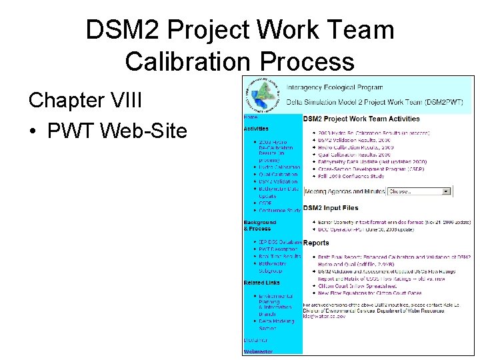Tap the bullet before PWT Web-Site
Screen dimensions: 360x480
[x=33, y=131]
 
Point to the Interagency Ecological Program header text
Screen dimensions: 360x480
[x=335, y=87]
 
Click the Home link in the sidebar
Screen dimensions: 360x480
[x=251, y=118]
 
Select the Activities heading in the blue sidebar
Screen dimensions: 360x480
[x=257, y=128]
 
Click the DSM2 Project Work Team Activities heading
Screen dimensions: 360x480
[x=361, y=119]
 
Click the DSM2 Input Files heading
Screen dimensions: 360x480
[x=331, y=208]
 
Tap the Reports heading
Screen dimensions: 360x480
[x=316, y=243]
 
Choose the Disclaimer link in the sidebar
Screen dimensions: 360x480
[x=255, y=340]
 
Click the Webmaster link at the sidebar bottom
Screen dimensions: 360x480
[x=258, y=351]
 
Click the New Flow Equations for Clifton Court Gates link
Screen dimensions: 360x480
[x=369, y=293]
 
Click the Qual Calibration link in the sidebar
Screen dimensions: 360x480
[x=277, y=175]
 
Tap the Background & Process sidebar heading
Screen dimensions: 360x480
[x=260, y=225]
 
